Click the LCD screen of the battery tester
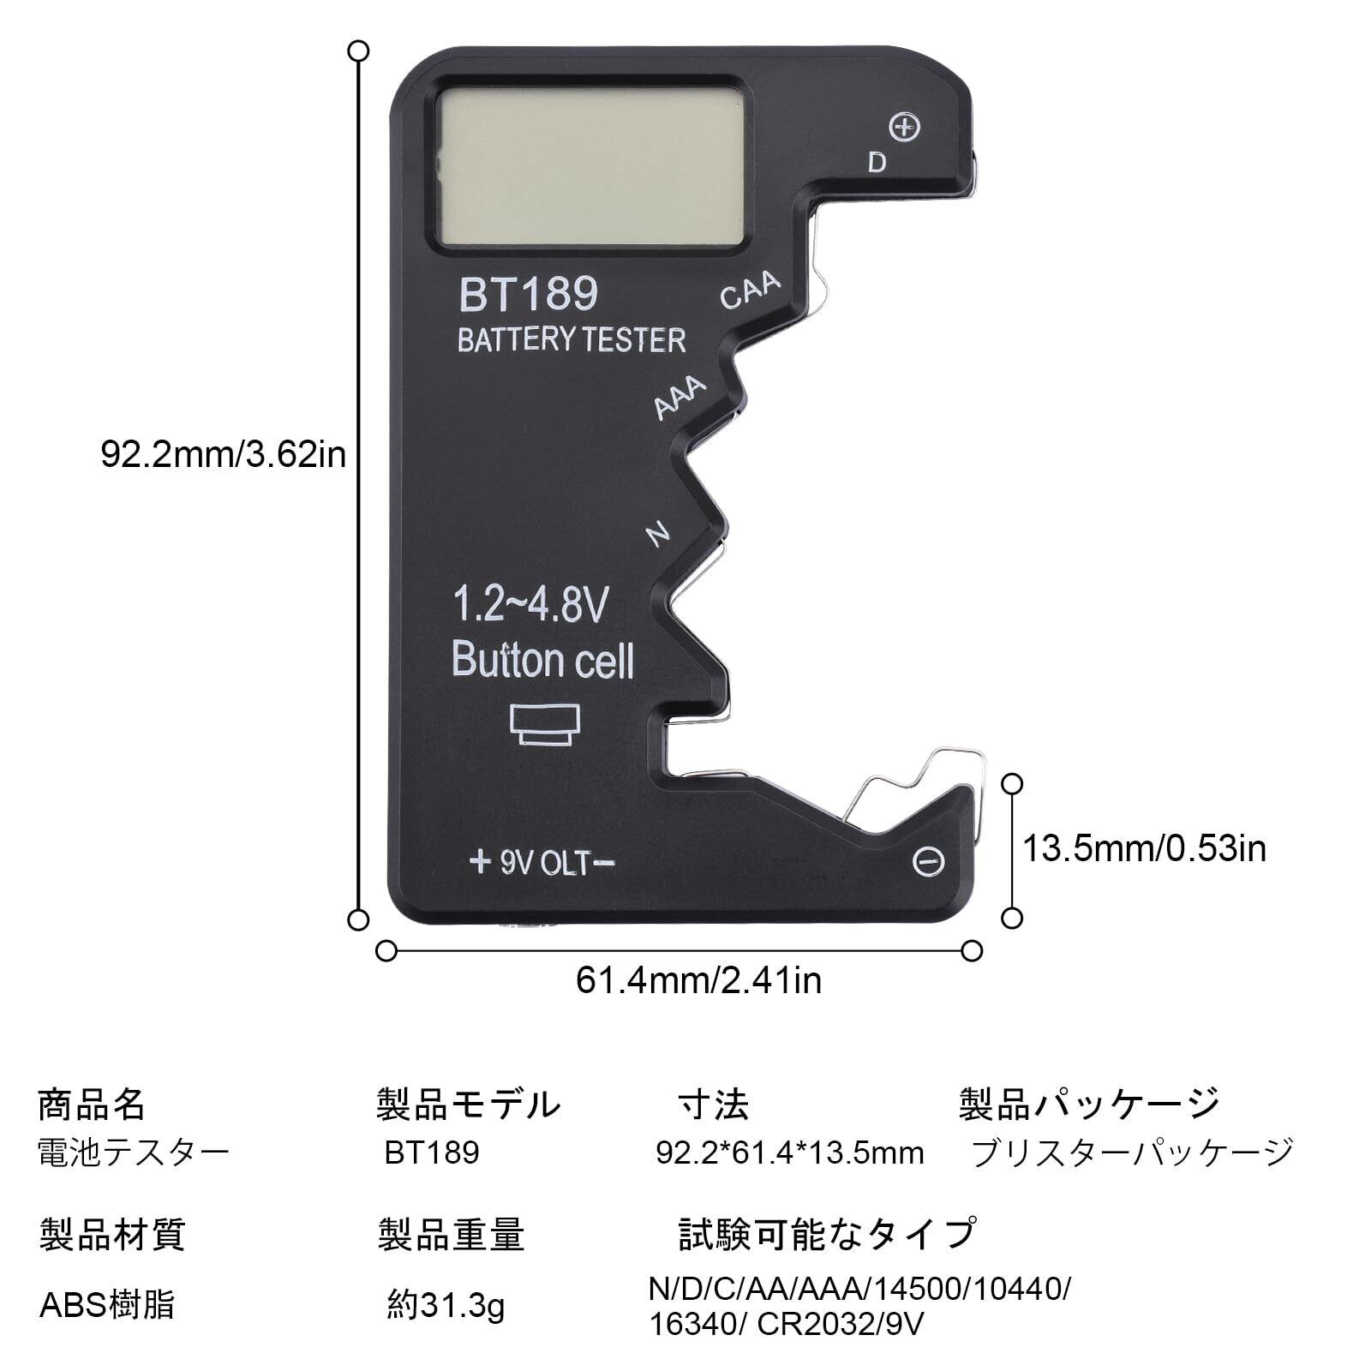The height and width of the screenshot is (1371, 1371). click(x=590, y=168)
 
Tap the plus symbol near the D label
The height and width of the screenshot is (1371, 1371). click(x=905, y=127)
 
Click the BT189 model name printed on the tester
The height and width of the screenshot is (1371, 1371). click(x=529, y=294)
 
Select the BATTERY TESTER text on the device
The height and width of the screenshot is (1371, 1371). click(x=572, y=340)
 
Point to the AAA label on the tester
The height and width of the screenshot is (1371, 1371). click(x=680, y=398)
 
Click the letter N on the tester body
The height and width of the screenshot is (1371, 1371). click(x=657, y=534)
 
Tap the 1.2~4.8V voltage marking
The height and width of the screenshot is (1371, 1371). click(x=530, y=604)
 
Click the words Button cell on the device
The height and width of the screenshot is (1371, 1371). click(x=542, y=660)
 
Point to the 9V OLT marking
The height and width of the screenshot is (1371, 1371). click(x=542, y=862)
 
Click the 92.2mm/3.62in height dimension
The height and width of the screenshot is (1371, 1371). click(x=224, y=454)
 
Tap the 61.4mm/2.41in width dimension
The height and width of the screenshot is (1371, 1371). click(x=698, y=980)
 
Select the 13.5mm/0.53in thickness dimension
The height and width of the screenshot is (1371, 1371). click(x=1145, y=848)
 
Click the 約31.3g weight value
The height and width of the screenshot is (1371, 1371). click(x=446, y=1306)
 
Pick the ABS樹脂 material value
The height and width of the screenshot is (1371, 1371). click(x=107, y=1305)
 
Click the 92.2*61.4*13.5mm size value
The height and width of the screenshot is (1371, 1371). click(x=790, y=1152)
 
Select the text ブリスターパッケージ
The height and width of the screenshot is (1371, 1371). click(x=1131, y=1152)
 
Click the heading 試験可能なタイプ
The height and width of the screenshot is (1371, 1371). click(x=827, y=1234)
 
